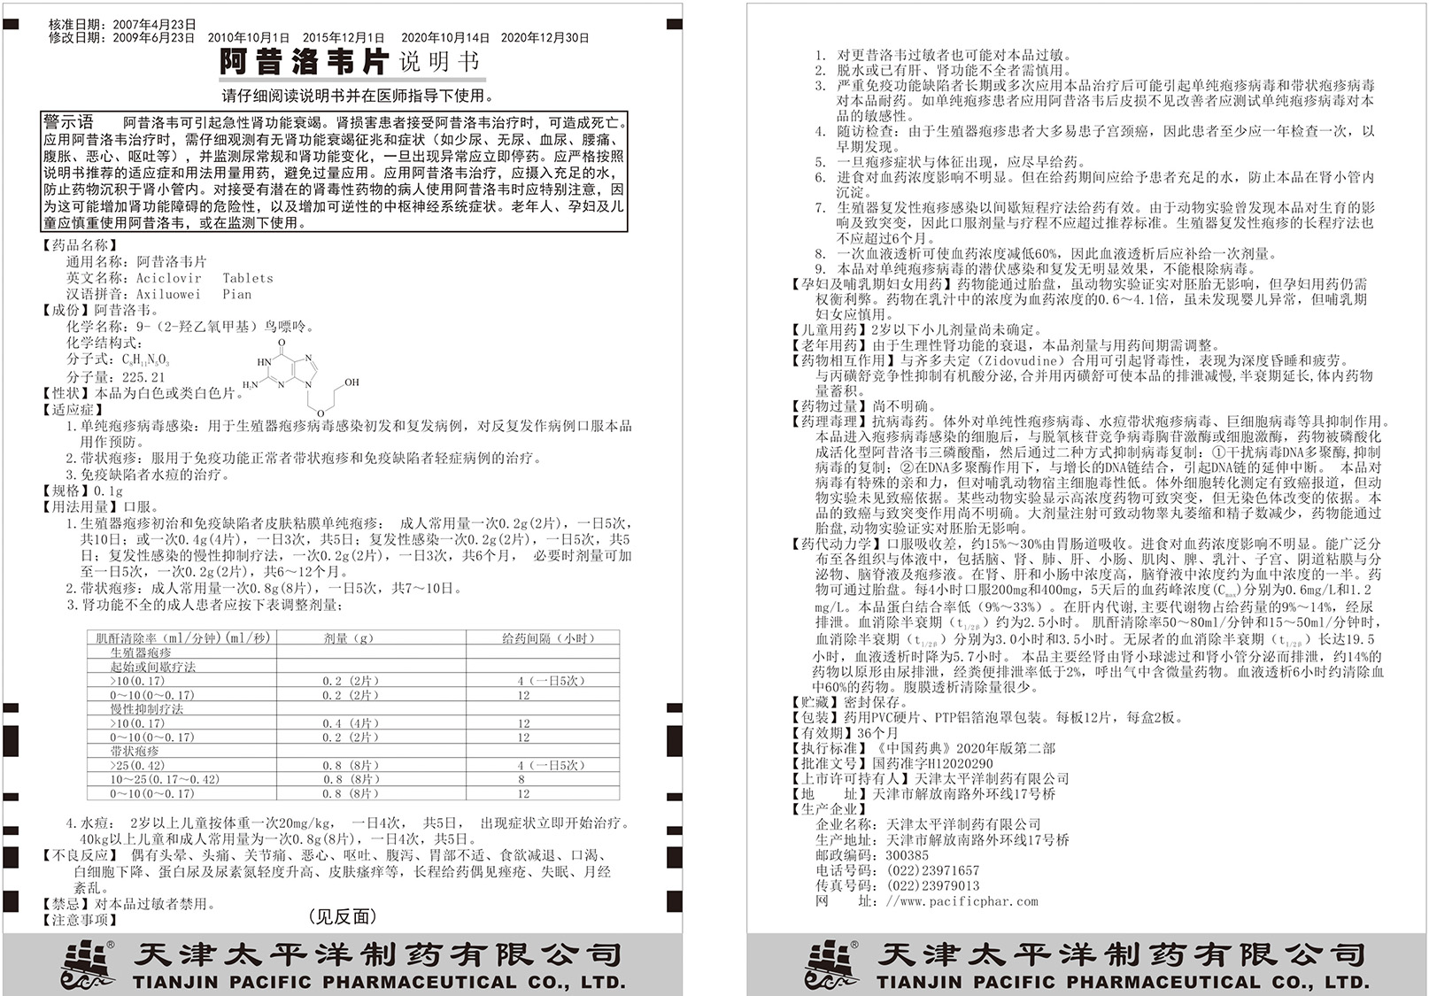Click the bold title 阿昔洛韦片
click(x=303, y=63)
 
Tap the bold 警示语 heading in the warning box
click(x=69, y=122)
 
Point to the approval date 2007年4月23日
click(x=154, y=25)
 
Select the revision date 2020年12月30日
click(x=545, y=38)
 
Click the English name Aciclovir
click(x=169, y=278)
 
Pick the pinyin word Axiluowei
click(x=169, y=294)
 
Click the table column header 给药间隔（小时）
click(x=549, y=638)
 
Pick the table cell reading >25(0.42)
click(x=138, y=765)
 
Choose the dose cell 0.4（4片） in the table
click(x=351, y=723)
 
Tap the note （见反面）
click(x=342, y=917)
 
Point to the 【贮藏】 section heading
click(x=815, y=702)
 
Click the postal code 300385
click(x=908, y=855)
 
